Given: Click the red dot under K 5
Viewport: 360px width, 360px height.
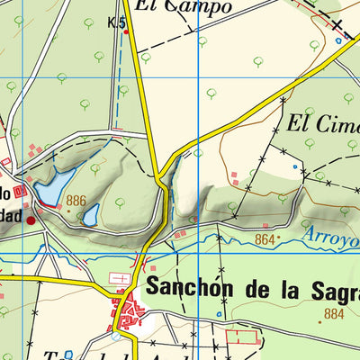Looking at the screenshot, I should [126, 31].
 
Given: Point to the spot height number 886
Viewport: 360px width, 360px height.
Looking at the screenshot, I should [76, 201].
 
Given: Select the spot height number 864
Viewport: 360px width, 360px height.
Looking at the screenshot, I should [265, 239].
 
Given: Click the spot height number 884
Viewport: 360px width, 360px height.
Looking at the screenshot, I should [333, 313].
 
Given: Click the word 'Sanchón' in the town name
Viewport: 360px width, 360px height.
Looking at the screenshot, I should [190, 291].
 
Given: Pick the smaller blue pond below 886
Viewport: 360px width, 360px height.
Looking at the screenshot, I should [91, 214].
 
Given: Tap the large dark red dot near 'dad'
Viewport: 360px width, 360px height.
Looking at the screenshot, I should [31, 219].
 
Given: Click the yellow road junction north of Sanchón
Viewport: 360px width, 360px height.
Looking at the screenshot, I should [158, 175].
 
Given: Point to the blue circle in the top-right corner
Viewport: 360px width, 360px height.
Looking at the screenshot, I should [338, 40].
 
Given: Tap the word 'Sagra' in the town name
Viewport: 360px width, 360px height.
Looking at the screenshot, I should [333, 291].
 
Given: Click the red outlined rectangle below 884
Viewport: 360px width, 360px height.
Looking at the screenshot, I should [242, 337].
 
